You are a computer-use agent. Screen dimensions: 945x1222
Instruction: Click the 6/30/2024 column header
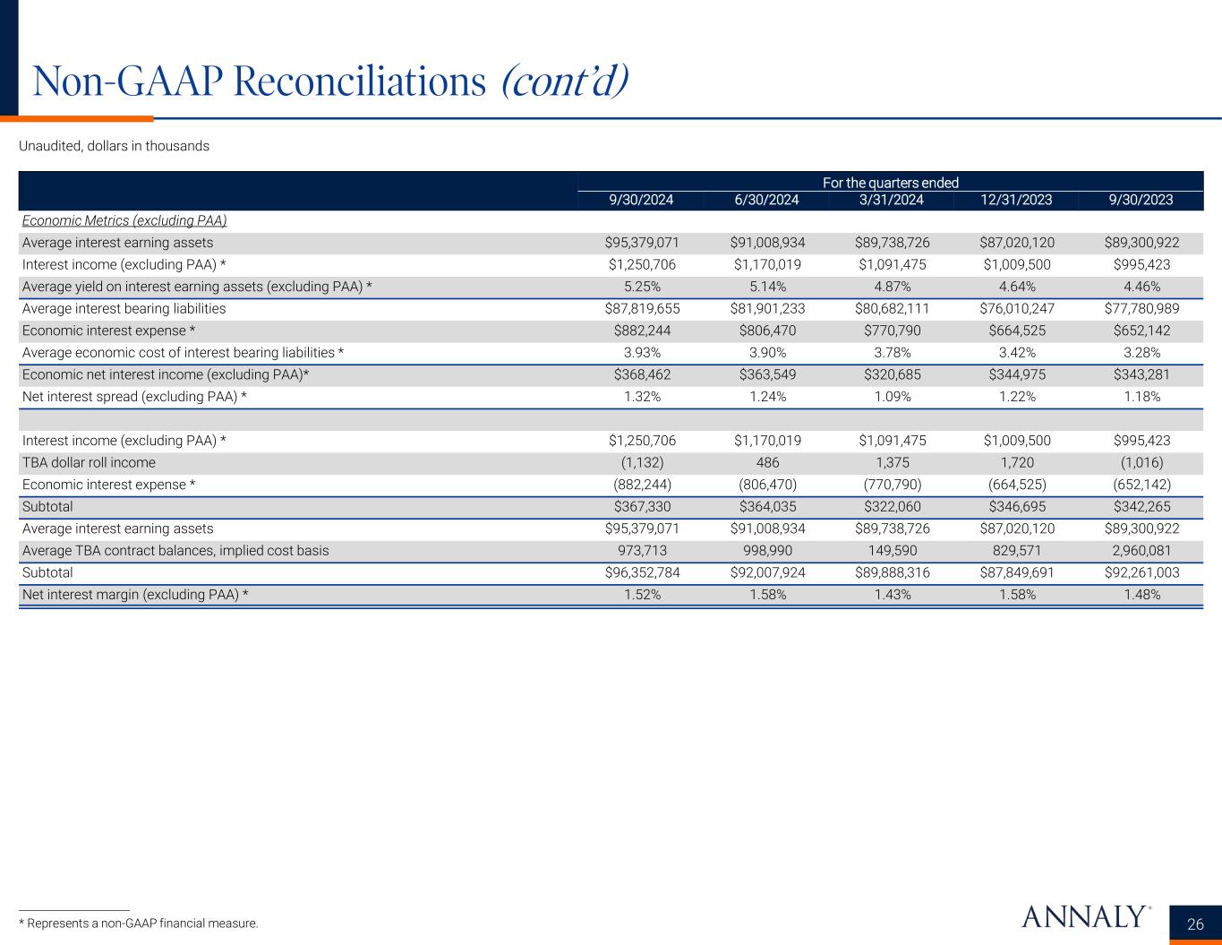766,200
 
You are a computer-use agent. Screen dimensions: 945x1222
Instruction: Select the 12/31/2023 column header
1015,200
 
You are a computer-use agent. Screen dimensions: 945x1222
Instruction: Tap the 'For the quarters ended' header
890,183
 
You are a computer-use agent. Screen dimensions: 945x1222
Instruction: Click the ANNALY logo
1084,917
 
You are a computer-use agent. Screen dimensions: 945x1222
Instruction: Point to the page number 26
1195,924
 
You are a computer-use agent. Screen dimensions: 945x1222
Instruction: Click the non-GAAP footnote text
138,923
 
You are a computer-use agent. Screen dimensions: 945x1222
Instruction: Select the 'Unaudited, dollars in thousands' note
114,146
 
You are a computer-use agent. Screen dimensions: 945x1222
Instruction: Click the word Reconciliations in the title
358,82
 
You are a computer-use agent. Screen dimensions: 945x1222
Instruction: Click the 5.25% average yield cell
642,287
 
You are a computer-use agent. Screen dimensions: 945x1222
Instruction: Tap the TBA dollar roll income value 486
767,462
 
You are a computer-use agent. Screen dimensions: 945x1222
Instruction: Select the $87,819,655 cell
642,308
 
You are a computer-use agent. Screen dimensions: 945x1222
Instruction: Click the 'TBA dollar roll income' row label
89,462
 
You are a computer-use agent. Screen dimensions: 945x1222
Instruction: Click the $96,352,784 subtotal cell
642,572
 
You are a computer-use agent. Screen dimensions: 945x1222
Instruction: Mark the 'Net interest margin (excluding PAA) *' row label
135,594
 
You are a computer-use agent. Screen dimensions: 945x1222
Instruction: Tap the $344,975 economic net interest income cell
1015,374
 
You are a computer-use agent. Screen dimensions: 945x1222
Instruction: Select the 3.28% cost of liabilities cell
1141,352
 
